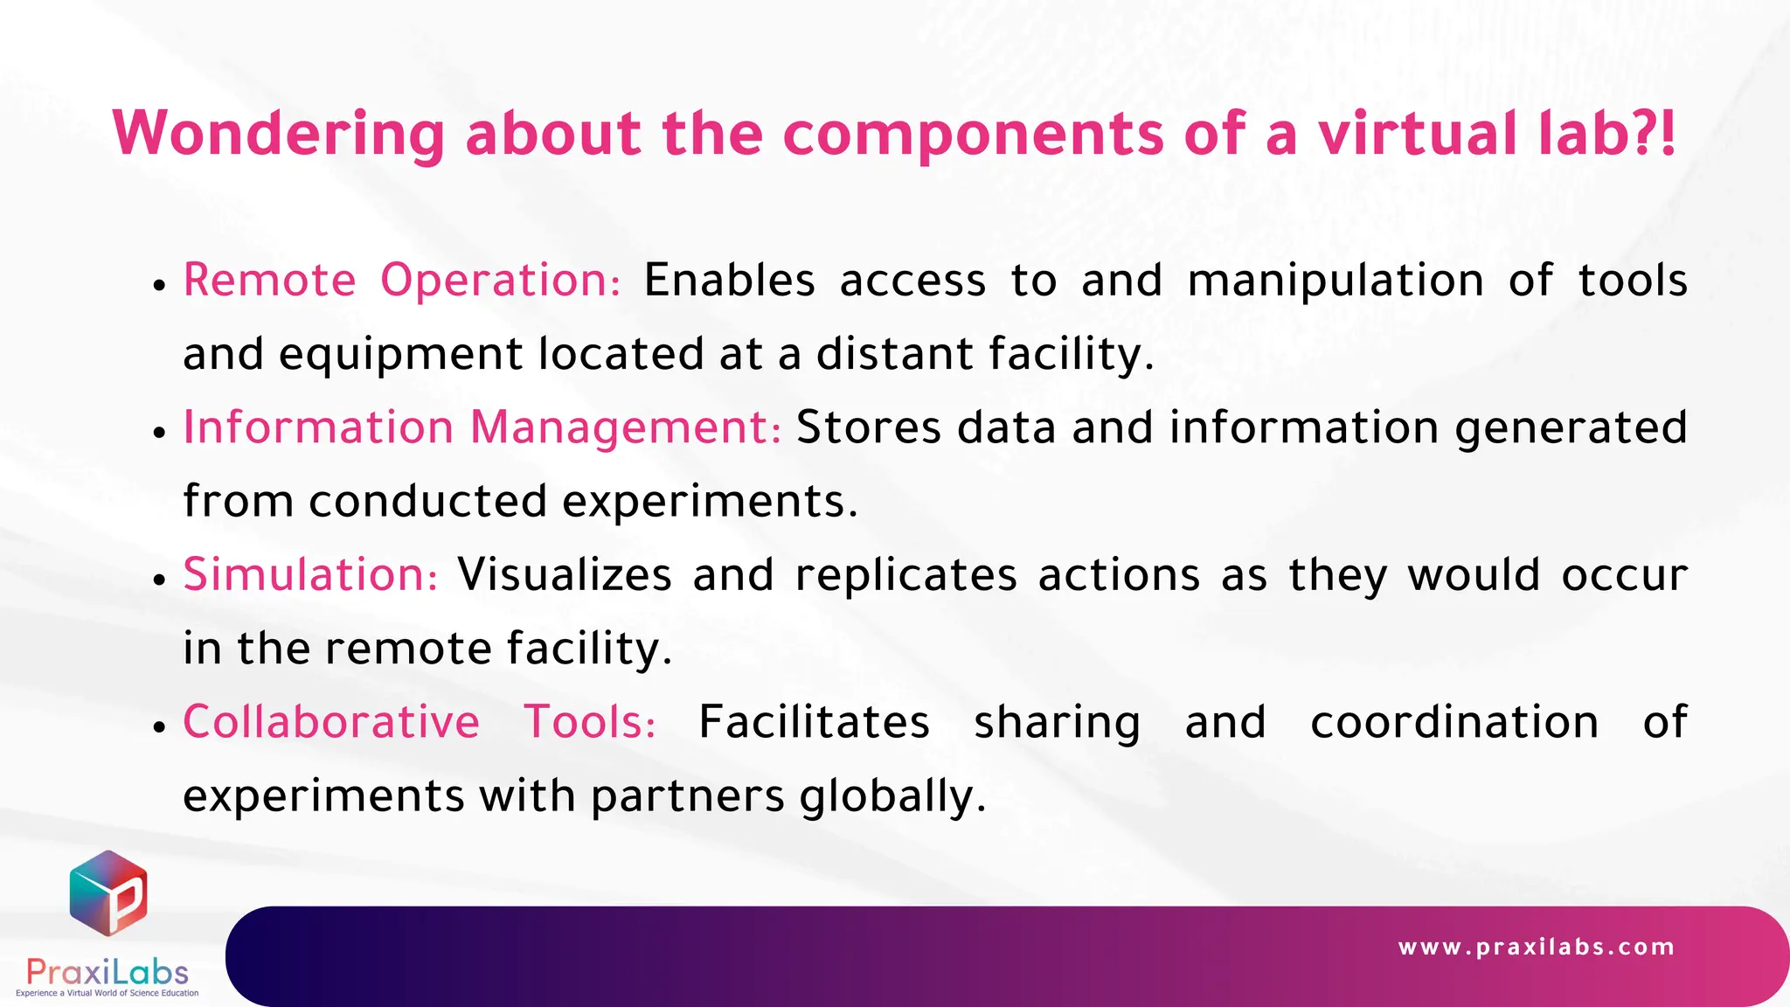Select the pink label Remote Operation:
tap(402, 281)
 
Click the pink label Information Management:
tap(482, 428)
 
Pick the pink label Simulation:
tap(310, 575)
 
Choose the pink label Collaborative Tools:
tap(420, 723)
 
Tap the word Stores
tap(869, 428)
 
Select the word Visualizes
tap(565, 575)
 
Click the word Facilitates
tap(814, 723)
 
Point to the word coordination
tap(1454, 723)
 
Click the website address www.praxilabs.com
tap(1537, 948)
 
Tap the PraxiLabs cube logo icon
tap(108, 892)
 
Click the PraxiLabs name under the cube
tap(108, 972)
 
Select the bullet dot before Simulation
tap(159, 580)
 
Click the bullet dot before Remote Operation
tap(159, 285)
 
